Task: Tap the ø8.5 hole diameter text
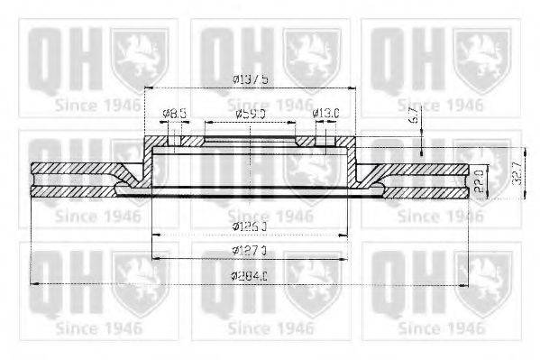pos(174,114)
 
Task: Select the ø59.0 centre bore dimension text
pos(250,115)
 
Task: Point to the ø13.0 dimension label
pos(325,114)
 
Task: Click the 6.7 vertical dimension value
pos(412,114)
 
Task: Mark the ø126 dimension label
pos(249,225)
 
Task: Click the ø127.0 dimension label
pos(250,248)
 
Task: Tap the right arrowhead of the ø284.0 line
pos(465,283)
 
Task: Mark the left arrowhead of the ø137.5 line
pos(148,88)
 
